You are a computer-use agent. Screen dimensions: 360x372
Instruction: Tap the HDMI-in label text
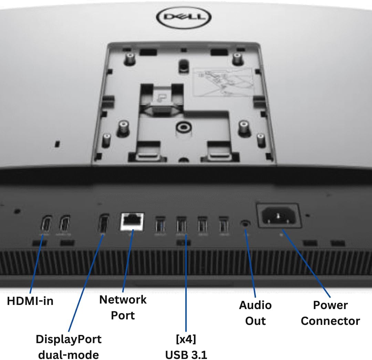[30, 301]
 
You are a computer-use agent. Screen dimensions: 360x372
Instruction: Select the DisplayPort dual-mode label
[69, 347]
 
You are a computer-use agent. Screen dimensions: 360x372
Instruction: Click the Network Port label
[123, 307]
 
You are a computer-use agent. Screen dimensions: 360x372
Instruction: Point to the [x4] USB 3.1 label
[186, 347]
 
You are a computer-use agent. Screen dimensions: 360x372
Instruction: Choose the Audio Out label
[255, 313]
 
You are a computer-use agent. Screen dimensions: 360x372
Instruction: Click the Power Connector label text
[330, 313]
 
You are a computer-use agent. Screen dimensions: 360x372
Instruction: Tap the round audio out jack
[245, 223]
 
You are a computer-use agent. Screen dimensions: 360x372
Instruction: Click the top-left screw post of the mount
[130, 58]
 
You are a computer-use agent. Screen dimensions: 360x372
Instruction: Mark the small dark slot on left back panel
[58, 142]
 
